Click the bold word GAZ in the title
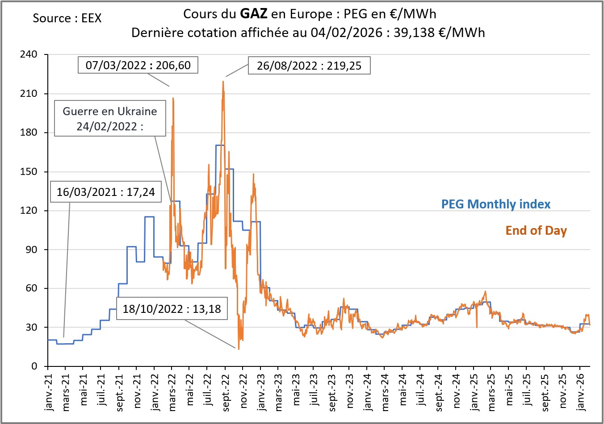254,14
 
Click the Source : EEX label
67,18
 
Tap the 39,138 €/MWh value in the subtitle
439,33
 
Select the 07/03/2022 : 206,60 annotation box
138,65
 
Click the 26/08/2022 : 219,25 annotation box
309,66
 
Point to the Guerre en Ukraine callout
110,118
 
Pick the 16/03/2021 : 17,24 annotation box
105,192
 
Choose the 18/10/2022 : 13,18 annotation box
172,309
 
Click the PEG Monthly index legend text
495,204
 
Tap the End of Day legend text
536,230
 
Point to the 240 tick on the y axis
29,54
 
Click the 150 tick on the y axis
29,172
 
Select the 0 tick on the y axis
34,366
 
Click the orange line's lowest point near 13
239,349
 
